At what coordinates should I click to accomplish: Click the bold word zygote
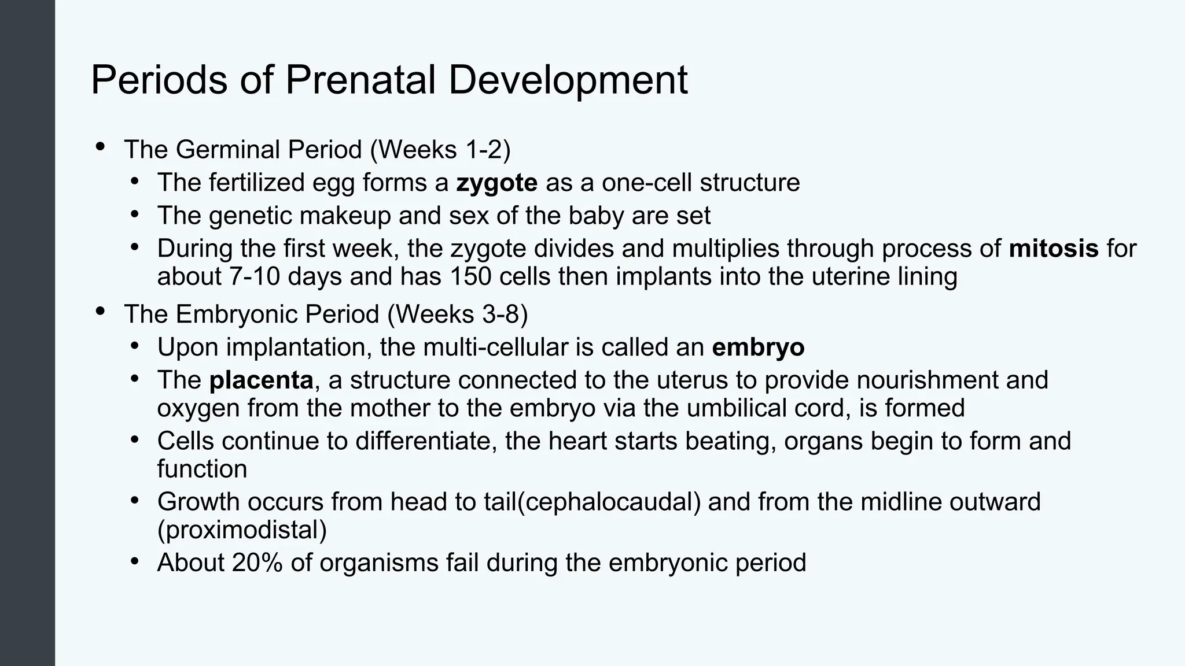tap(496, 183)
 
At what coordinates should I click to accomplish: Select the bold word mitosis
tap(1053, 249)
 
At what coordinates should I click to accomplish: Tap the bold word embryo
tap(757, 347)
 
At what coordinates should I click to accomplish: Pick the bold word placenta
tap(261, 380)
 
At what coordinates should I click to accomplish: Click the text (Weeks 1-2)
tap(440, 150)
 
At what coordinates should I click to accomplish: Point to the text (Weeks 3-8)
tap(457, 314)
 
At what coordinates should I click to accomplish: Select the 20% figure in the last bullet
tap(257, 563)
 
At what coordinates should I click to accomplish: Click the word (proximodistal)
tap(242, 530)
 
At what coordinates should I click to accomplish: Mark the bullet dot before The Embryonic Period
tap(100, 312)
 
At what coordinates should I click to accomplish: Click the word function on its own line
tap(202, 469)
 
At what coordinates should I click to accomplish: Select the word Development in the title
tap(568, 80)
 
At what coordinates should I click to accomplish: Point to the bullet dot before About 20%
tap(135, 561)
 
